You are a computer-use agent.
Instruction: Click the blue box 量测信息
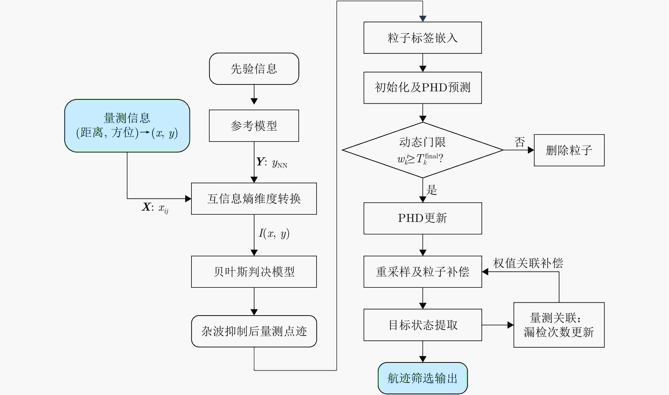[x=127, y=126]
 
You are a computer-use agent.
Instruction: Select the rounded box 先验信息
[x=254, y=69]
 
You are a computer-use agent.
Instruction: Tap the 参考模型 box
[x=254, y=126]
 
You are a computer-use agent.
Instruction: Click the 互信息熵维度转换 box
[x=254, y=199]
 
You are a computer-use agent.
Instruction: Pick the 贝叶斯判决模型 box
[x=254, y=272]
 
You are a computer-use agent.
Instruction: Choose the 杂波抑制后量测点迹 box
[x=254, y=331]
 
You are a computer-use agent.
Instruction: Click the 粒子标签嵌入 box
[x=423, y=38]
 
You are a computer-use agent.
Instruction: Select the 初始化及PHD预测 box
[x=423, y=87]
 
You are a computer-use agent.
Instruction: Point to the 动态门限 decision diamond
[x=423, y=150]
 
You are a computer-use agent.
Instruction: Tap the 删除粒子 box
[x=569, y=150]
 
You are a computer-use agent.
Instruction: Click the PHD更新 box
[x=423, y=218]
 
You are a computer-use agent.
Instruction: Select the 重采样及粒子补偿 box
[x=423, y=272]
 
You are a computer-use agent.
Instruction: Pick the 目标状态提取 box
[x=423, y=325]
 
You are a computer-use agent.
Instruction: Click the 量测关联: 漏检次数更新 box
[x=559, y=325]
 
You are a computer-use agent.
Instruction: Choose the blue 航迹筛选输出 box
[x=423, y=378]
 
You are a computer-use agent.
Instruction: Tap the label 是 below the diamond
[x=432, y=190]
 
